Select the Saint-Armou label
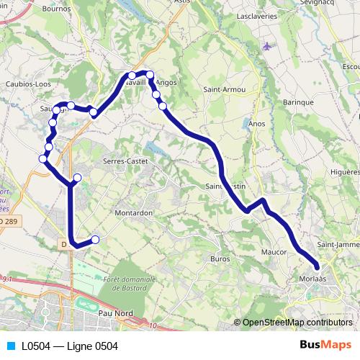pos(224,89)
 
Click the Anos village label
pos(256,123)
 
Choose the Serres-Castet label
pos(125,161)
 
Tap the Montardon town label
pos(133,213)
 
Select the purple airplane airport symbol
pos(268,47)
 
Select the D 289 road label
pos(7,220)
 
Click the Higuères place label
pos(344,172)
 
